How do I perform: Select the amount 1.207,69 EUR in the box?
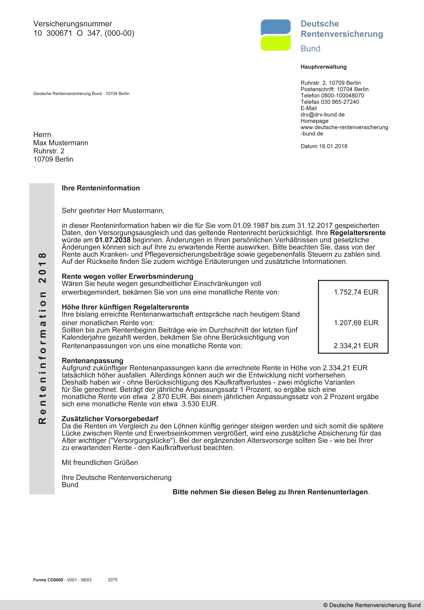[x=356, y=323]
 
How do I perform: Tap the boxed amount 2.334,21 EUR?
[x=356, y=346]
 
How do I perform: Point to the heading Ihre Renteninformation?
[x=101, y=188]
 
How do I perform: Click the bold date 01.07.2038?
[x=113, y=240]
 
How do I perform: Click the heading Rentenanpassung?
[x=92, y=360]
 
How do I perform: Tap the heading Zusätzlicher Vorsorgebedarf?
[x=110, y=419]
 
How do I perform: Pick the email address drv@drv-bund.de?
[x=322, y=115]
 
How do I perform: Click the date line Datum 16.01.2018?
[x=324, y=146]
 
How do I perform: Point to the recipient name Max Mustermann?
[x=61, y=143]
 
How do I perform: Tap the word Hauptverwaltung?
[x=323, y=67]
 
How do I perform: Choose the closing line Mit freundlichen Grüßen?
[x=100, y=463]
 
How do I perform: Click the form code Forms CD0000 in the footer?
[x=48, y=580]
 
